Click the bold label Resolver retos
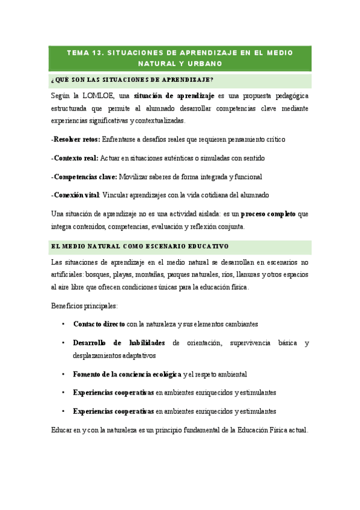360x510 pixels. tap(76, 139)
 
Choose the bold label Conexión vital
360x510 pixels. tap(76, 195)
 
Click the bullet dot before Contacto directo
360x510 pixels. tap(63, 324)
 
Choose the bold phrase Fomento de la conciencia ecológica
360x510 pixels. tap(127, 374)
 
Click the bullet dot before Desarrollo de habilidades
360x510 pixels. tap(63, 343)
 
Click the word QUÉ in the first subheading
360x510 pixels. tap(63, 80)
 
